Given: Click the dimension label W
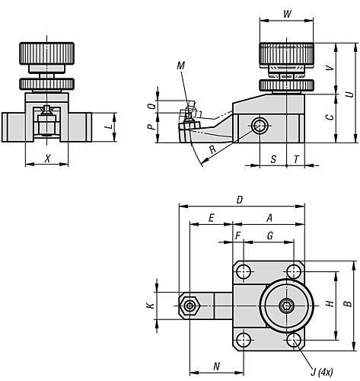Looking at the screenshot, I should pos(286,14).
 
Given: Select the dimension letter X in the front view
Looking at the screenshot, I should pos(48,158).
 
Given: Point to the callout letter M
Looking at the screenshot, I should pos(180,66).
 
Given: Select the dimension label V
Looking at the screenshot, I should pos(328,67).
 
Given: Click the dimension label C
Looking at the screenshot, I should pos(328,117).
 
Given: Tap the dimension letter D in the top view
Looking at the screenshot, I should pos(239,200).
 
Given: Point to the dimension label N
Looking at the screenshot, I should pos(217,367).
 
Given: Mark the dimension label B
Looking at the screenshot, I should pos(348,305).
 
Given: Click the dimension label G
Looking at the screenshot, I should pos(269,237).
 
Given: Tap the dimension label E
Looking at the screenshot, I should pos(210,218).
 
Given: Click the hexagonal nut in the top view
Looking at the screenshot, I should pos(189,306).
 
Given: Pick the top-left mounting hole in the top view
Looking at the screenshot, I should pos(243,272).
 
